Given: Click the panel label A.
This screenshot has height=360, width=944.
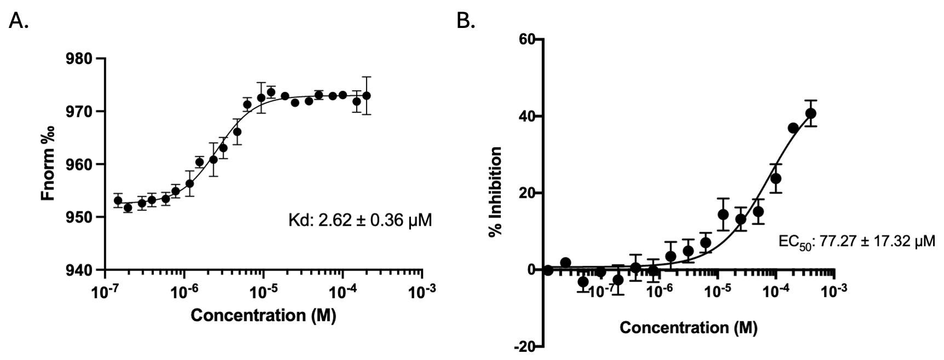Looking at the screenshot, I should [x=19, y=21].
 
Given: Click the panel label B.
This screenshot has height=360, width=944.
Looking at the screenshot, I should [x=465, y=21].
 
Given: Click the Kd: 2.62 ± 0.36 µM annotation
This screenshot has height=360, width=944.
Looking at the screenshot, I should [x=360, y=220].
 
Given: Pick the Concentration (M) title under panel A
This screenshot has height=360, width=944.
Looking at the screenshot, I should [x=263, y=316].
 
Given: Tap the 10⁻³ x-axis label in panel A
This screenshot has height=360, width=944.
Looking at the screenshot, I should [x=422, y=292].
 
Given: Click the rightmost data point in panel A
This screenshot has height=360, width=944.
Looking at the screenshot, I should [x=367, y=95].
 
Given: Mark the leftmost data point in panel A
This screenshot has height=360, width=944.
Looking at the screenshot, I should [x=118, y=201].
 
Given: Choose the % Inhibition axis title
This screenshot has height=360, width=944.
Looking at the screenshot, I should [x=496, y=191].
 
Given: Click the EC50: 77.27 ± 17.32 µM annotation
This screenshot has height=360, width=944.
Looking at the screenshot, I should [x=856, y=242].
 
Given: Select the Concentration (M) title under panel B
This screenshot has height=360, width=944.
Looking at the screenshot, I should [x=688, y=328].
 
